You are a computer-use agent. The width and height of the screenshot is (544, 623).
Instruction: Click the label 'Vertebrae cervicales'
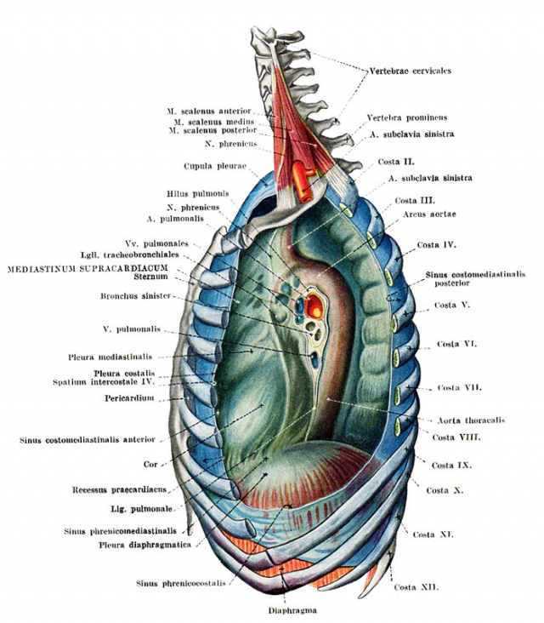(411, 71)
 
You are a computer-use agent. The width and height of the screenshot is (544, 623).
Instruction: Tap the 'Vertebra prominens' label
(406, 118)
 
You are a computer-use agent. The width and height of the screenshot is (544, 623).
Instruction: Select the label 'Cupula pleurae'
(215, 166)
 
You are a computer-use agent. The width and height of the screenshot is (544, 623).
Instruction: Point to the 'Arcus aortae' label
(429, 214)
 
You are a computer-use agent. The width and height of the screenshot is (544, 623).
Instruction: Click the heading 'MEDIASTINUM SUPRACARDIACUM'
(88, 269)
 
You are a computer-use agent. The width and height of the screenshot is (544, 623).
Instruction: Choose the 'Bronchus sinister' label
(136, 296)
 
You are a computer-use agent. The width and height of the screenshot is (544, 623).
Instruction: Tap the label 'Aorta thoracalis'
(471, 420)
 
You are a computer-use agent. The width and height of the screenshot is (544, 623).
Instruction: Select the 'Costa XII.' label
(416, 587)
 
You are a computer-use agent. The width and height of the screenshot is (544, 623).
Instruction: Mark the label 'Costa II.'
(396, 162)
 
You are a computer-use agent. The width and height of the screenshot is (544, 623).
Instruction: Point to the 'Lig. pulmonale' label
(141, 509)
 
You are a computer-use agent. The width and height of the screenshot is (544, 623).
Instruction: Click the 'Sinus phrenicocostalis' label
(181, 584)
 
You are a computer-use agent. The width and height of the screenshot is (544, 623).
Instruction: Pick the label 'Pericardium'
(129, 398)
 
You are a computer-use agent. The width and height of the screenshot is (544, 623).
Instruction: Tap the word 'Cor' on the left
(150, 464)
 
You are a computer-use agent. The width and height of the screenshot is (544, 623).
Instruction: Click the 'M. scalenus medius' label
(214, 122)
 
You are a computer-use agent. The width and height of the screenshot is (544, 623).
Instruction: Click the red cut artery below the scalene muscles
(303, 180)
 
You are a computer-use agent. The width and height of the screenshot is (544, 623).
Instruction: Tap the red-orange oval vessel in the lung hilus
(314, 306)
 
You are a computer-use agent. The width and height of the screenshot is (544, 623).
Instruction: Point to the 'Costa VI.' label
(456, 344)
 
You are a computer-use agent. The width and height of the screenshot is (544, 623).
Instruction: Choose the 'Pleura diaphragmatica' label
(144, 545)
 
